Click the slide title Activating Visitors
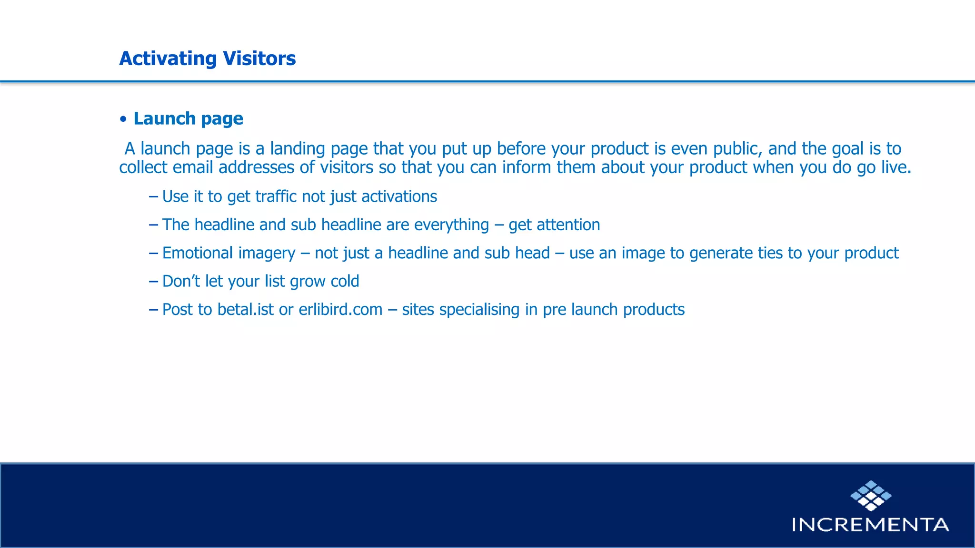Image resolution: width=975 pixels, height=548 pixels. [x=207, y=59]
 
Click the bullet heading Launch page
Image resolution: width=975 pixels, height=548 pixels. [x=188, y=118]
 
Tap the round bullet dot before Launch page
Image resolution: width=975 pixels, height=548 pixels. [x=123, y=119]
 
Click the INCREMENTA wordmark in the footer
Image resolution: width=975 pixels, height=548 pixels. [x=870, y=525]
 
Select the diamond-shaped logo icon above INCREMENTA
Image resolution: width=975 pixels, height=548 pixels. [x=871, y=496]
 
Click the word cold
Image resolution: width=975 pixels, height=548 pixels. [x=345, y=281]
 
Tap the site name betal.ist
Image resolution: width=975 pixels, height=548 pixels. [x=245, y=310]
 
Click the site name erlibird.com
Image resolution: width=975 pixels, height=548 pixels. [x=340, y=310]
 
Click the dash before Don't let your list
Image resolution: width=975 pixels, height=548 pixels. [x=153, y=281]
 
